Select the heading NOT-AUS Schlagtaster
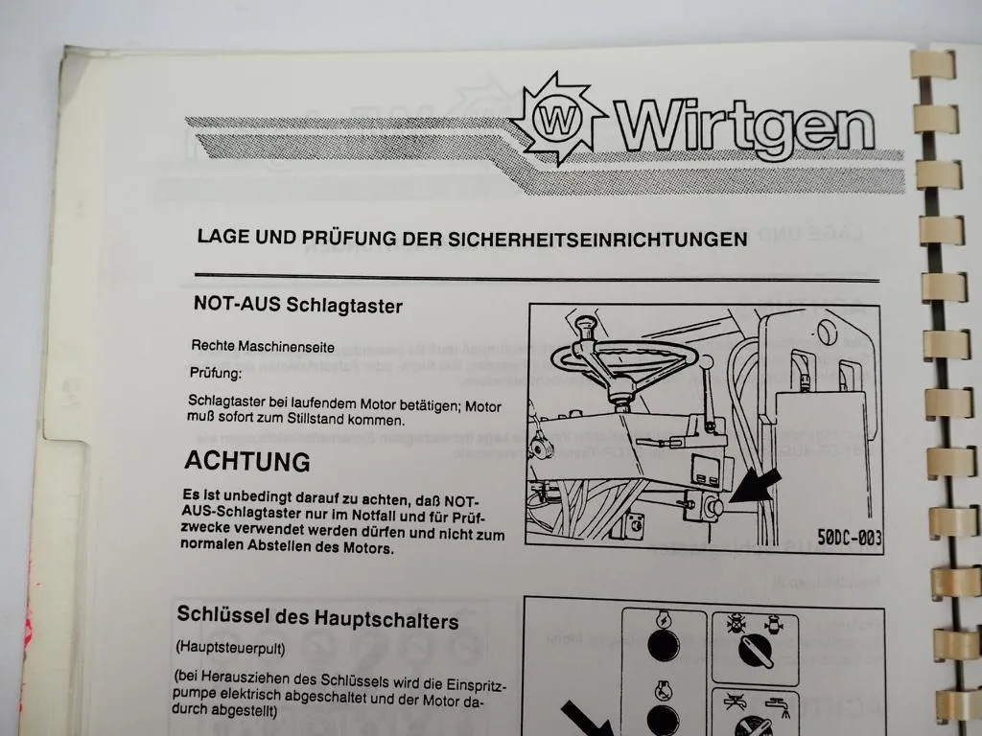tap(297, 307)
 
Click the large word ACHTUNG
tap(247, 461)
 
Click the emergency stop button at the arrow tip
tap(713, 508)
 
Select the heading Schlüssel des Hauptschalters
tap(317, 619)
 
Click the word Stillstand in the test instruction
tap(333, 421)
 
